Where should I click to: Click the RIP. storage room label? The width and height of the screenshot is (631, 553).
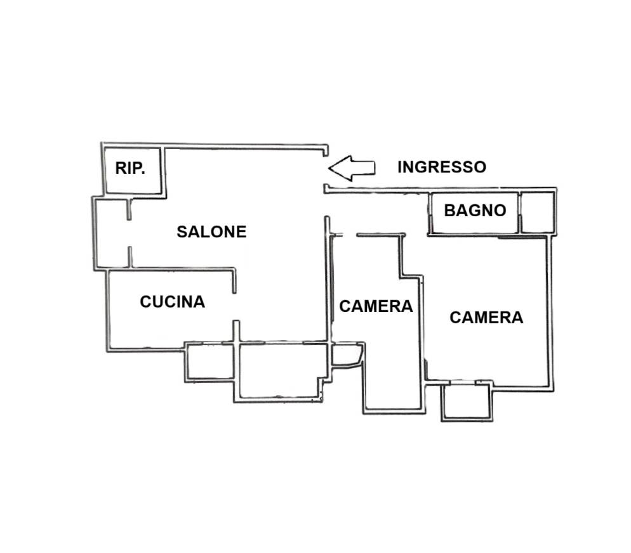(130, 168)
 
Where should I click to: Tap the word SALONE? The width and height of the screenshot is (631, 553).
(211, 232)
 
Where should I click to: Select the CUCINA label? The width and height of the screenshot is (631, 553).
(172, 302)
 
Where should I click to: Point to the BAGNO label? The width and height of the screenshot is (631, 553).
(475, 211)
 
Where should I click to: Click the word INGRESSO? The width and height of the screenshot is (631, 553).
(442, 167)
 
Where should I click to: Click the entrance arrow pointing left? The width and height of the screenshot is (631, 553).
(352, 169)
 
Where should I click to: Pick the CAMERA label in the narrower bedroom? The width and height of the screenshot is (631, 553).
(376, 306)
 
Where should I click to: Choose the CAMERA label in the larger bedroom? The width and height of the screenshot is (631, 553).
(486, 318)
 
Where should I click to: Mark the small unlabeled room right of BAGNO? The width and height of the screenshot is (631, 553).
(537, 212)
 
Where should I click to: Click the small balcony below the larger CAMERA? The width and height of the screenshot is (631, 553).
(467, 402)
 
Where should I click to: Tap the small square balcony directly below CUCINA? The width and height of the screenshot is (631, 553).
(209, 361)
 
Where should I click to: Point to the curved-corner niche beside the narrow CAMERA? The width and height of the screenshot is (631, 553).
(346, 355)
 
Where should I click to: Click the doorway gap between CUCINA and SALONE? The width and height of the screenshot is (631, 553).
(235, 307)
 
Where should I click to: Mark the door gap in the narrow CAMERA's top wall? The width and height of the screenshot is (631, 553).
(349, 235)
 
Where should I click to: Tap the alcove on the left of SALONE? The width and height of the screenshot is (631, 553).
(112, 233)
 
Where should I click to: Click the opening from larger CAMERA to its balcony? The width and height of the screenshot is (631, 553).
(463, 382)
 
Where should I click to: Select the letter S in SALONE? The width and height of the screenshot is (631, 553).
(182, 232)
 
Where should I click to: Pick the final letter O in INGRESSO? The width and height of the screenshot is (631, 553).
(481, 167)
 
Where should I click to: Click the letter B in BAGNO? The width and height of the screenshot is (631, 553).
(449, 211)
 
